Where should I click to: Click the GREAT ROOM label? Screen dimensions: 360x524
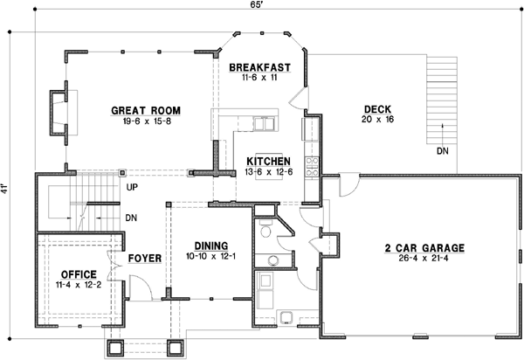coord(145,110)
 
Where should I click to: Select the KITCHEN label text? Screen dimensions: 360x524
coord(267,162)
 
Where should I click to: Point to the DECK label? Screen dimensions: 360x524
coord(377,108)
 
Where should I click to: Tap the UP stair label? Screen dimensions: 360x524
coord(132,187)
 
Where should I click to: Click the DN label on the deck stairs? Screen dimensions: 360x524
coord(445,151)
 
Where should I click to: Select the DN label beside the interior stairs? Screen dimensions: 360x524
coord(132,218)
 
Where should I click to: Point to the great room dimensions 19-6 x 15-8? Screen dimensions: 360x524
coord(145,121)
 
